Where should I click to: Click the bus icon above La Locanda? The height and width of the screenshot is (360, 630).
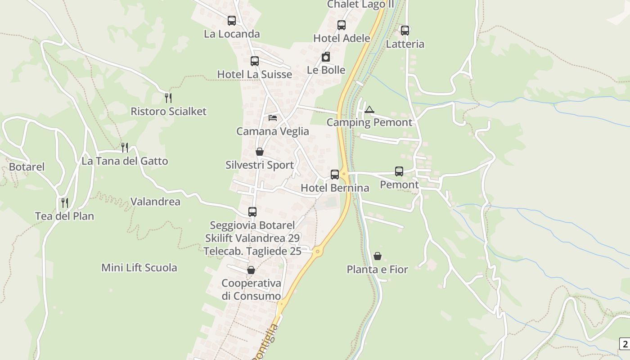[x=232, y=21]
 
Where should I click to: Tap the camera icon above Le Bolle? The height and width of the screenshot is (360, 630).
[x=326, y=57]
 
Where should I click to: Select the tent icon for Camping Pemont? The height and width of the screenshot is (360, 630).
[x=369, y=109]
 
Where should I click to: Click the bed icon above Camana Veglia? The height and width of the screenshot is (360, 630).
[x=273, y=118]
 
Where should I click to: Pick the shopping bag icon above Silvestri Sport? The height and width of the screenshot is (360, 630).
[x=260, y=152]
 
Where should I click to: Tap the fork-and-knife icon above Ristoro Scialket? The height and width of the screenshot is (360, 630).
[x=168, y=98]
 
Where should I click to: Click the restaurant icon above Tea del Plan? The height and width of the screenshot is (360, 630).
[x=65, y=202]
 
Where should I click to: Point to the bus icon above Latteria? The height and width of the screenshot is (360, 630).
[x=405, y=31]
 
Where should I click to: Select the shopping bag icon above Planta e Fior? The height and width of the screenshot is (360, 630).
[x=378, y=256]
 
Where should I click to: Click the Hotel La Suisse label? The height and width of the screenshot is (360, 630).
[x=255, y=74]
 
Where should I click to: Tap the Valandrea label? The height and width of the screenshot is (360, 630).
[x=155, y=202]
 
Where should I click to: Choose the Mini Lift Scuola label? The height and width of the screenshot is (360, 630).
[x=139, y=268]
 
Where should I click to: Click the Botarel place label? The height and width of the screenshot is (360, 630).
[x=27, y=167]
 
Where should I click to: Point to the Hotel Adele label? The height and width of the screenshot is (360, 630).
[x=342, y=38]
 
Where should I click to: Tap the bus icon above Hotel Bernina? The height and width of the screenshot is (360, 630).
[x=335, y=175]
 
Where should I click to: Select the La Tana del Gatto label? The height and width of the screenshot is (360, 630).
[x=125, y=161]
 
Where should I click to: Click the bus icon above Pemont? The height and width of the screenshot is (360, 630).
[x=399, y=171]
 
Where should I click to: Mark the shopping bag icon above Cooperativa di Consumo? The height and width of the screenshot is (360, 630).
[x=251, y=270]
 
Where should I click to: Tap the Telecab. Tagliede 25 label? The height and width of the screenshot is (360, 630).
[x=252, y=251]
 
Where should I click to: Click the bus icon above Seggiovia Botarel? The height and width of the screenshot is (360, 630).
[x=252, y=211]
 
